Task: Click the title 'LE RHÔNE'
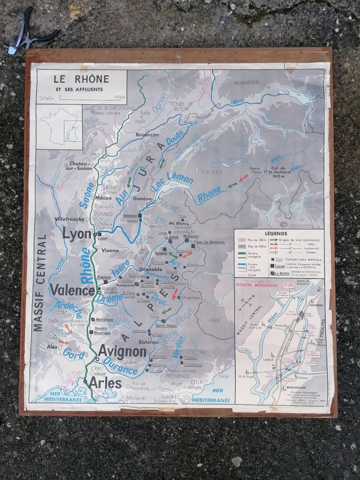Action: point(81,79)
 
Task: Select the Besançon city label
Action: point(147,135)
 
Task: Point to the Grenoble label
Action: point(150,269)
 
